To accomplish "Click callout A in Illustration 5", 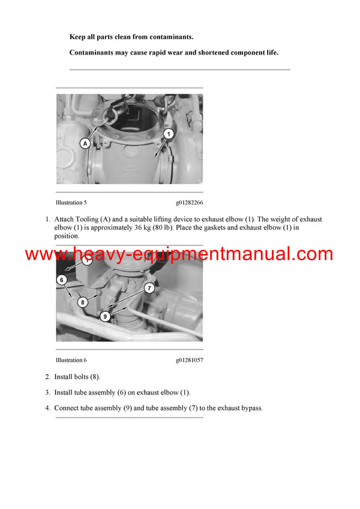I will click(85, 143).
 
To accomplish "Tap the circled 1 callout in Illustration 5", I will click(169, 134).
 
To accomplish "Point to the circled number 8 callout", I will click(83, 302).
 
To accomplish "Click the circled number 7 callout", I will click(150, 288).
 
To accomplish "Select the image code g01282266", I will click(189, 203).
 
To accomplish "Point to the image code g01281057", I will click(189, 360).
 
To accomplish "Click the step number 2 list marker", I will click(47, 377).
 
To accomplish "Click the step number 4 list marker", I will click(47, 408).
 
